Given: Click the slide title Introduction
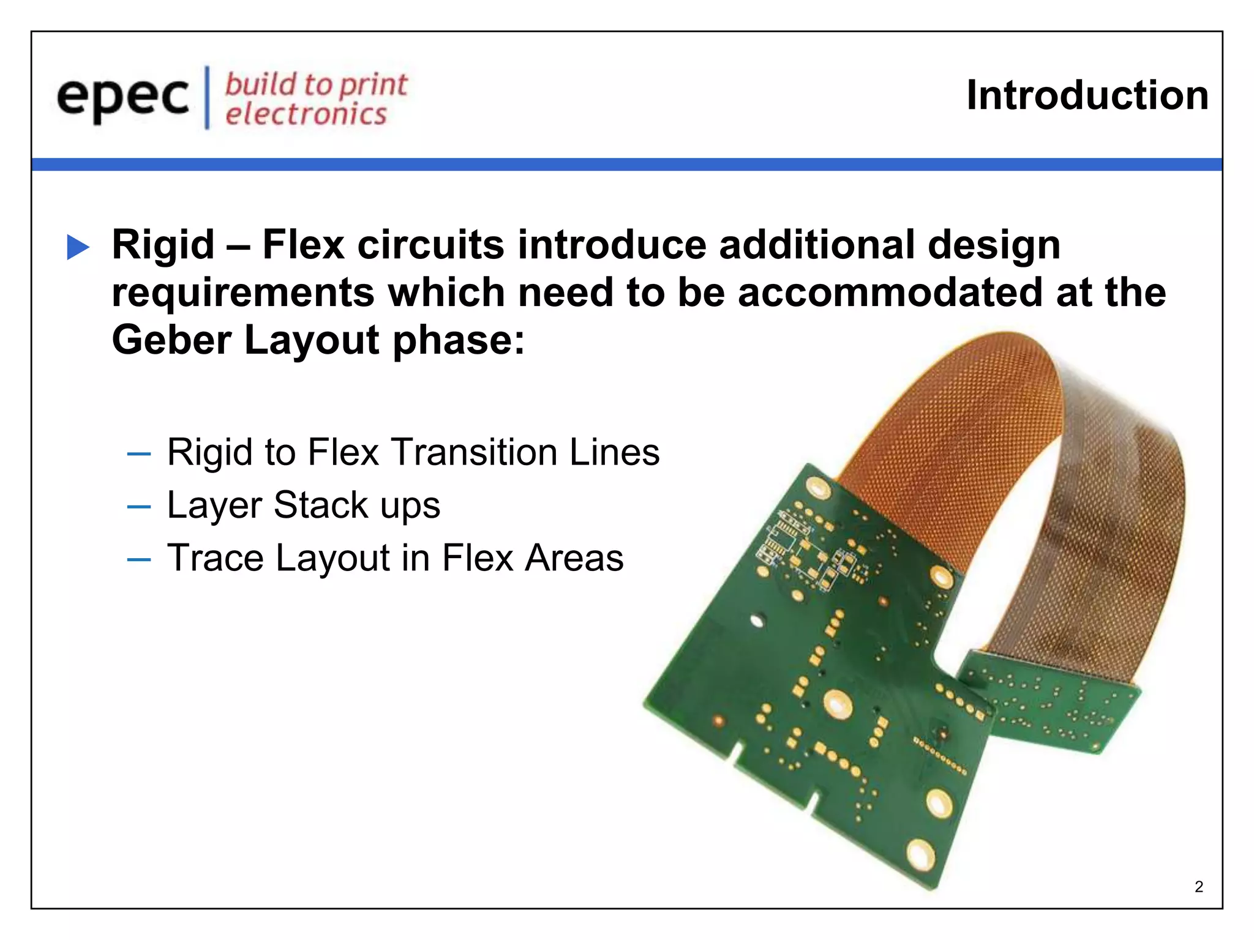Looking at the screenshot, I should click(1087, 95).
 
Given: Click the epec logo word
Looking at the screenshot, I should click(122, 98).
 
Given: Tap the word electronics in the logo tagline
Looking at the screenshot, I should click(306, 114).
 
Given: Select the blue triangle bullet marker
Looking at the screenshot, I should click(78, 247).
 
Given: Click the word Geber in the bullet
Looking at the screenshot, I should click(171, 340).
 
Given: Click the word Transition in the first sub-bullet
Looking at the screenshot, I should click(474, 452).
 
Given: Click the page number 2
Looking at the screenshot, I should click(1198, 887).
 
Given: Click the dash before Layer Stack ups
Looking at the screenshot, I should click(139, 507).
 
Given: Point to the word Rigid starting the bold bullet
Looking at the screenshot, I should click(163, 245).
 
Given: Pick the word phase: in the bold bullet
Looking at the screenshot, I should click(459, 340).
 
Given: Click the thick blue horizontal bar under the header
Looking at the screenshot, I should click(627, 165).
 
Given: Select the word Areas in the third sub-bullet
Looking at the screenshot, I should click(574, 558).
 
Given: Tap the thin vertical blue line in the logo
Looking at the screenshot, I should click(207, 97).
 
